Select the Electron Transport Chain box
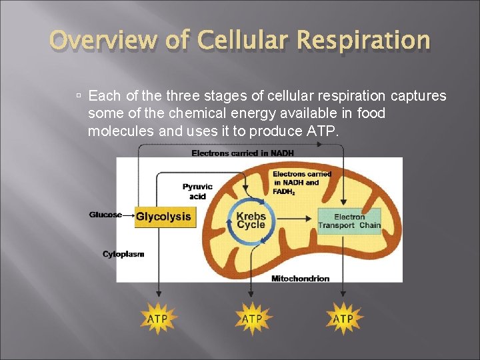pyautogui.click(x=349, y=221)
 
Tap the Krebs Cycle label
pyautogui.click(x=251, y=220)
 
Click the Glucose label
pyautogui.click(x=105, y=215)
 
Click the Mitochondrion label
pyautogui.click(x=300, y=279)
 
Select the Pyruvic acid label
pyautogui.click(x=197, y=191)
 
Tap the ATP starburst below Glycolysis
pyautogui.click(x=158, y=319)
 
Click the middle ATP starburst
pyautogui.click(x=251, y=319)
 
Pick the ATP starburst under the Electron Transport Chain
pyautogui.click(x=343, y=319)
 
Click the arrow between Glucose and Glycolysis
pyautogui.click(x=128, y=215)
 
